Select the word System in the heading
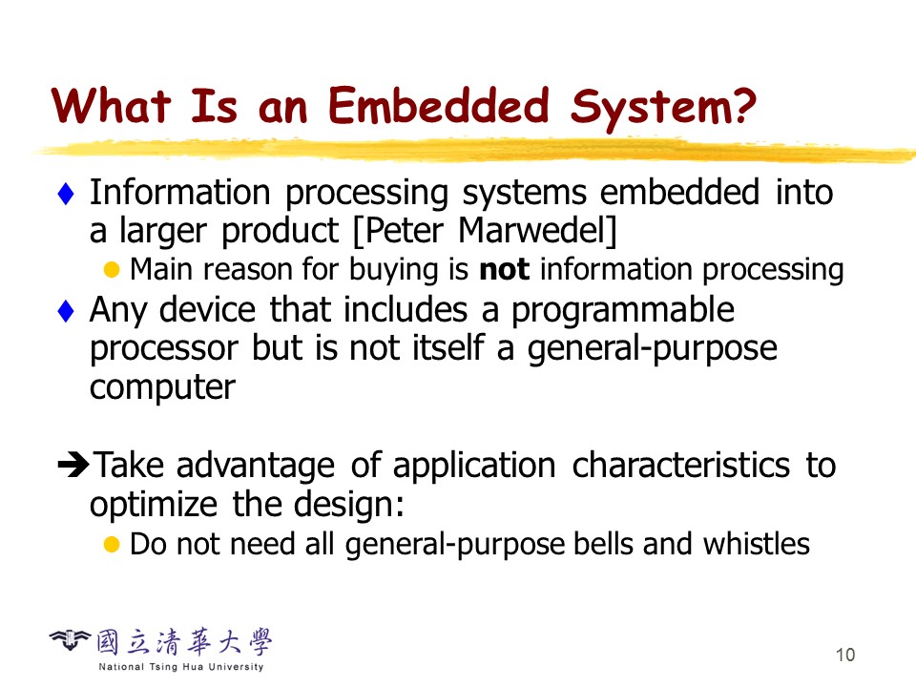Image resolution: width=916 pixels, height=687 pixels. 648,109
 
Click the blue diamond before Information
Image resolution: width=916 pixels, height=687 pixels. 66,194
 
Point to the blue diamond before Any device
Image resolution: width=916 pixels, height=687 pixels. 66,311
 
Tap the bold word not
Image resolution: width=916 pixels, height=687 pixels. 504,270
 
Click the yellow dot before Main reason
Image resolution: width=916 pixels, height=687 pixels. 112,270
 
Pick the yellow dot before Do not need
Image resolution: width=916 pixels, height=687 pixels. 112,545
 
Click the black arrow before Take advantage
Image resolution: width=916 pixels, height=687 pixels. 73,465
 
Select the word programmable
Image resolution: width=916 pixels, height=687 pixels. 623,311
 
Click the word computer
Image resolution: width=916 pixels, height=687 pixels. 162,387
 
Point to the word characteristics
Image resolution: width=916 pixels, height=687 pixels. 680,465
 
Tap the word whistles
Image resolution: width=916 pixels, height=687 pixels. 756,544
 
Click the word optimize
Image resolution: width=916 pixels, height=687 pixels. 154,505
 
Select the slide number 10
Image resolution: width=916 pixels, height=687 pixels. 845,655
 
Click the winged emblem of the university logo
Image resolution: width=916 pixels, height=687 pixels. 70,640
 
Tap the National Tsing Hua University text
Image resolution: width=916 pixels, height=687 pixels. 181,667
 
